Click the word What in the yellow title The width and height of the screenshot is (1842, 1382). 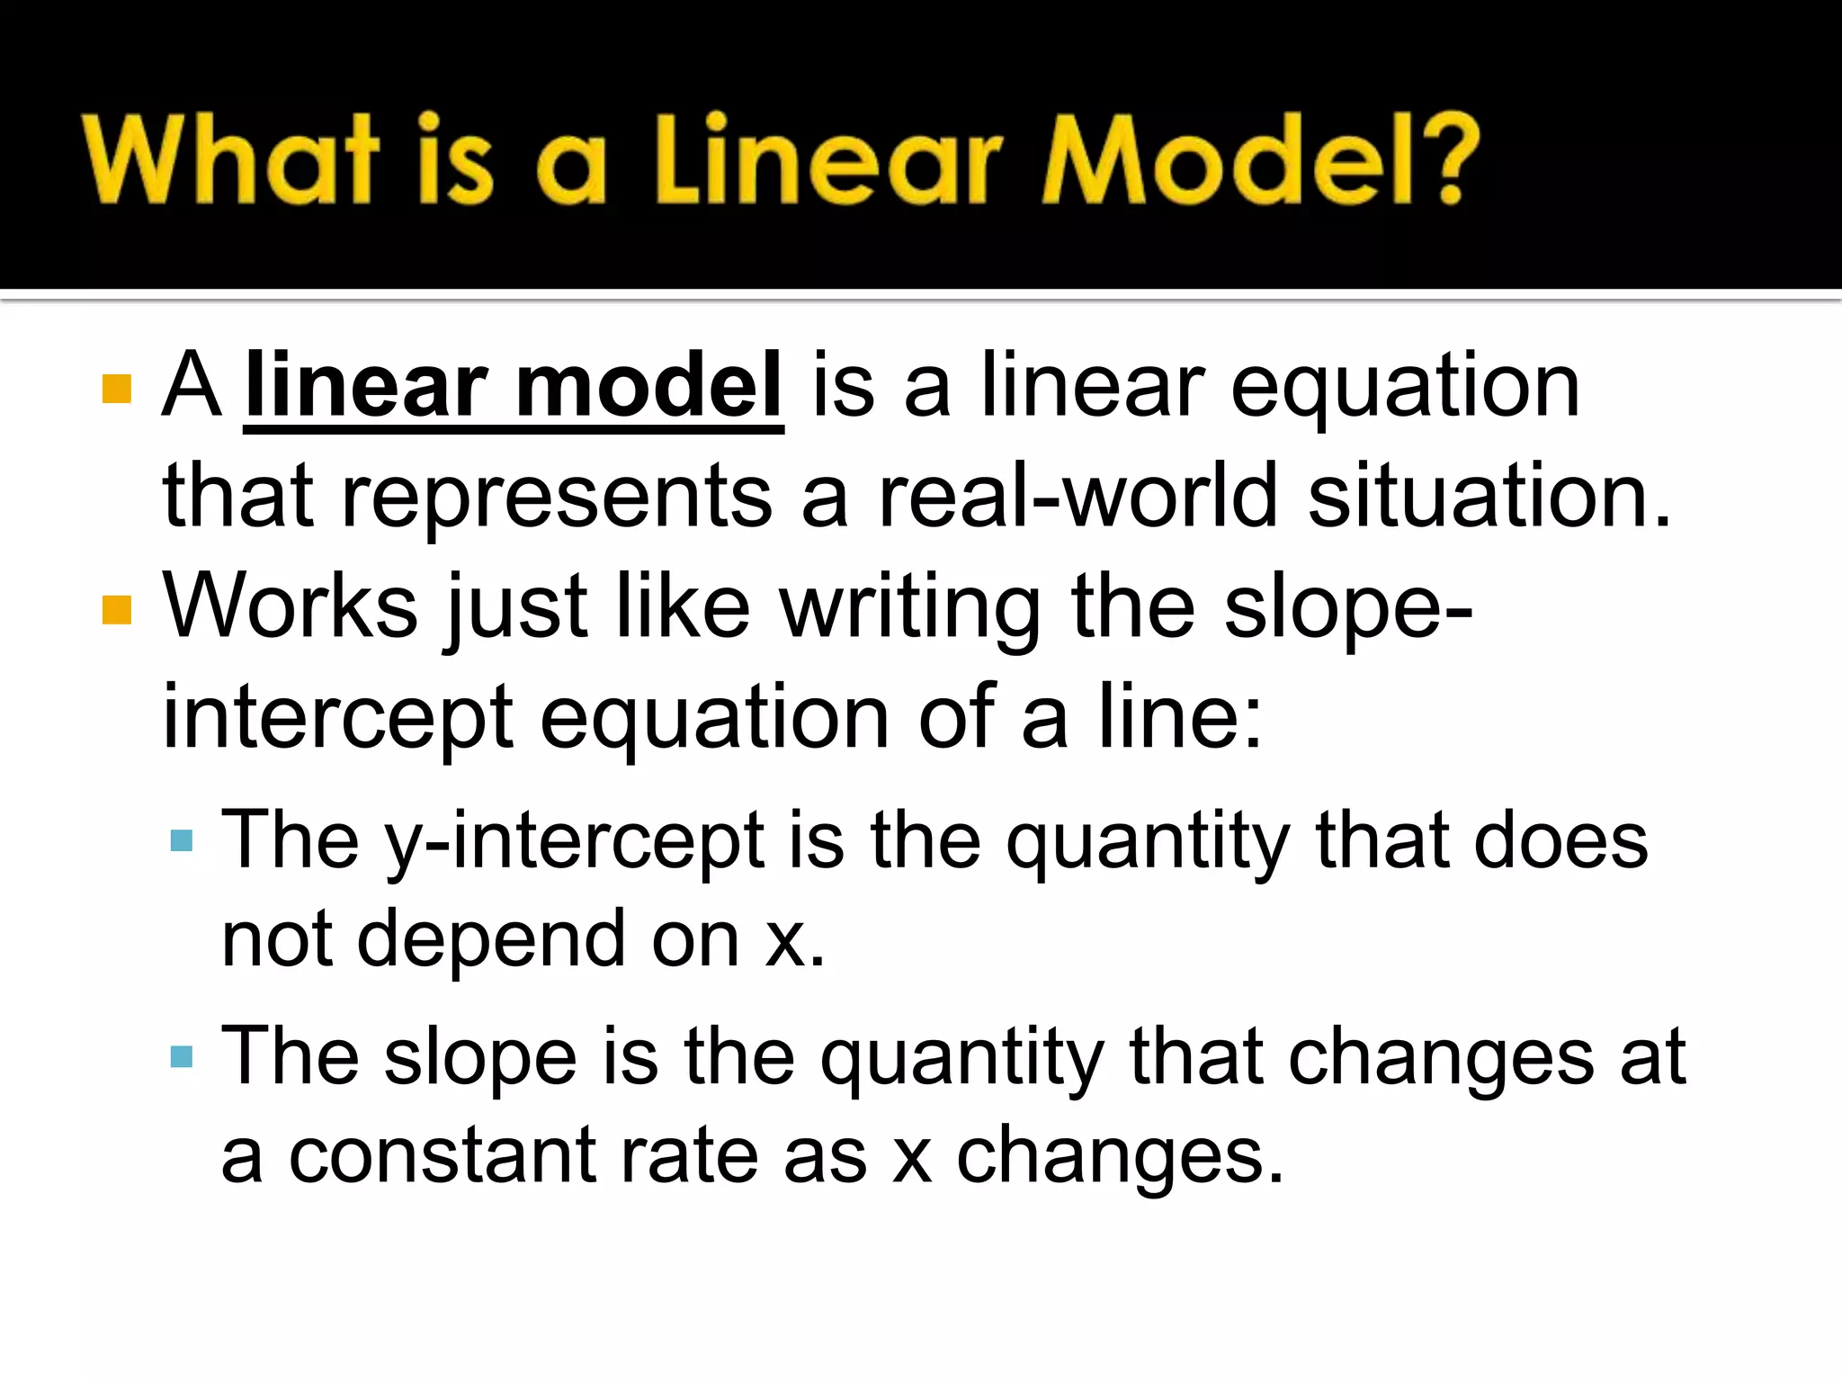pyautogui.click(x=230, y=159)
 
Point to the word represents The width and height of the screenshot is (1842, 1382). pyautogui.click(x=557, y=498)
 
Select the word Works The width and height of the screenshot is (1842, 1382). pyautogui.click(x=290, y=606)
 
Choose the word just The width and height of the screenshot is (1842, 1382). pyautogui.click(x=516, y=608)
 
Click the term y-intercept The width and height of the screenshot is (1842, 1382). pyautogui.click(x=575, y=840)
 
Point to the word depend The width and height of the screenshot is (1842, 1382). pyautogui.click(x=491, y=940)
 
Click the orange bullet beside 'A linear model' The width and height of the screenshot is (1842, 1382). pyautogui.click(x=117, y=389)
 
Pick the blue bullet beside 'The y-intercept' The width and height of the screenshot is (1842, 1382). pyautogui.click(x=182, y=841)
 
